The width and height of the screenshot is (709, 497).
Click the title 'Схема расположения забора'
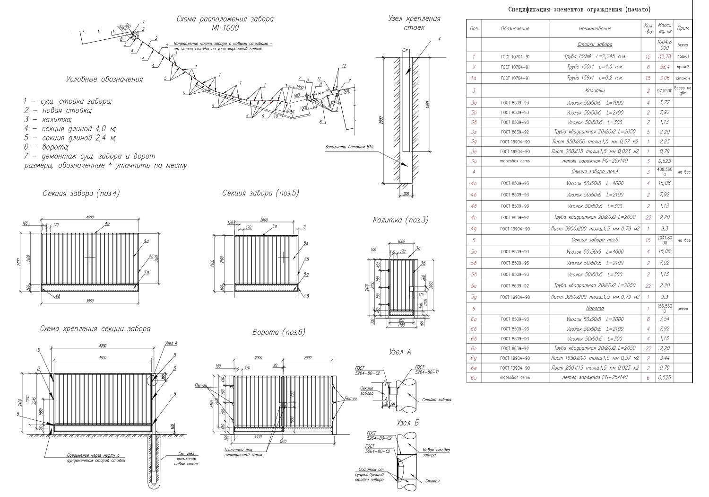point(225,19)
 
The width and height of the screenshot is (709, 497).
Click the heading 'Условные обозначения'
point(104,79)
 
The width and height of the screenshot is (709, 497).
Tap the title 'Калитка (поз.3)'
point(400,220)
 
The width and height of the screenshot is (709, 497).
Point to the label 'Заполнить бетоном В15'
point(349,147)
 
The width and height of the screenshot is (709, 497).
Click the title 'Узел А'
point(400,352)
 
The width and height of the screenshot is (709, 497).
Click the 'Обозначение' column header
point(515,28)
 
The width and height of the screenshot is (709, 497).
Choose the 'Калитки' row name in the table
point(595,90)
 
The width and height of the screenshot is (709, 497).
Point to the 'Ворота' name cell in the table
point(595,308)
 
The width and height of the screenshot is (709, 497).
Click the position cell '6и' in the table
point(474,377)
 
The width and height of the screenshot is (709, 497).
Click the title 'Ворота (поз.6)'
point(279,332)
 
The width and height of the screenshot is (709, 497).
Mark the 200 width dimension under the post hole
point(405,194)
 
